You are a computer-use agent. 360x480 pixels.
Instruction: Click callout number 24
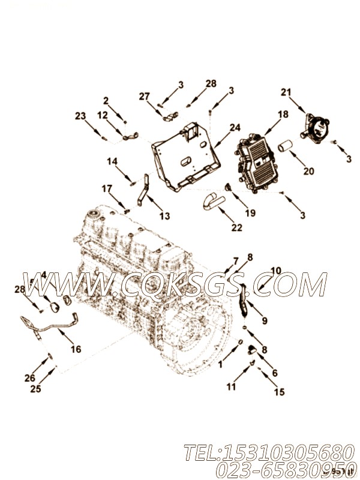tap(235, 127)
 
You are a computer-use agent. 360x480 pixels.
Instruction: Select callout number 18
tap(283, 114)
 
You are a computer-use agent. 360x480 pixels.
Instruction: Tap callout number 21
tap(286, 92)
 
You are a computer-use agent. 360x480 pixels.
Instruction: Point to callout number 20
tap(308, 171)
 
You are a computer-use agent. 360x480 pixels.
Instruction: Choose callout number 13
tap(164, 216)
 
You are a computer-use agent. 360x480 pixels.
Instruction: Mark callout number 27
tap(144, 96)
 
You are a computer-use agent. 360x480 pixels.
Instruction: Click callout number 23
tap(80, 116)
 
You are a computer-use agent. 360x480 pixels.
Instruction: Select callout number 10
tap(275, 271)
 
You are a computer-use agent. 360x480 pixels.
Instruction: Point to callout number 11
tap(231, 387)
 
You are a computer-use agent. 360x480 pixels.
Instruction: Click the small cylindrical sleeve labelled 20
tap(286, 147)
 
